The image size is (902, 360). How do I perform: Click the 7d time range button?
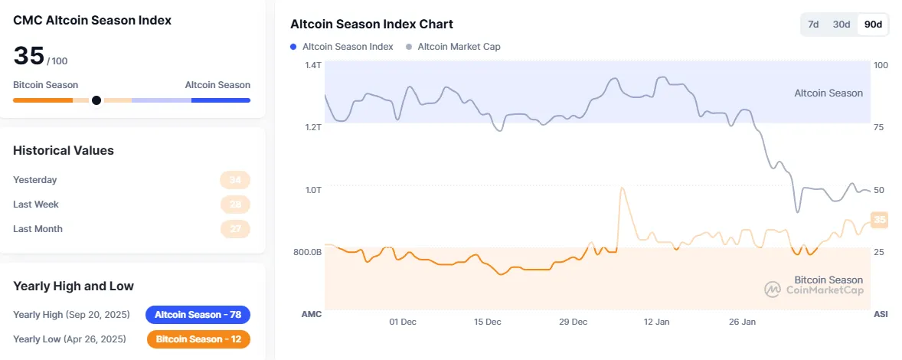click(813, 25)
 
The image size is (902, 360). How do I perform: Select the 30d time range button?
click(842, 25)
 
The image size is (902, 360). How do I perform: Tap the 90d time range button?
click(873, 25)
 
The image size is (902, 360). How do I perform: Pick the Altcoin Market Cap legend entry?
click(453, 47)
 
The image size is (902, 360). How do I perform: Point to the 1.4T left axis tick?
click(312, 65)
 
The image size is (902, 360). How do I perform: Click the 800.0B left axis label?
click(307, 252)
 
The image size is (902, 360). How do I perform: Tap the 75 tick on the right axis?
click(880, 127)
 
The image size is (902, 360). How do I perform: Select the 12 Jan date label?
click(657, 322)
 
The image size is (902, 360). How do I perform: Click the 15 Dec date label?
click(488, 322)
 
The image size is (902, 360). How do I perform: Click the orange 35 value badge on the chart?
click(880, 220)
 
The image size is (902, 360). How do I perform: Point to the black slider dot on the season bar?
click(96, 100)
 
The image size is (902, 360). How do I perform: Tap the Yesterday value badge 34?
click(235, 180)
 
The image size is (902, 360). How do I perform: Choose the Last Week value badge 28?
click(235, 205)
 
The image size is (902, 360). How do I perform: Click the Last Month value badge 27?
click(235, 229)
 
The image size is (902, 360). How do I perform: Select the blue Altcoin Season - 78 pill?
click(198, 315)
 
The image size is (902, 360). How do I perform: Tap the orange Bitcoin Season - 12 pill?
click(198, 339)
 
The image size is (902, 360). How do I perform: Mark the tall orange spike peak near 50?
click(622, 188)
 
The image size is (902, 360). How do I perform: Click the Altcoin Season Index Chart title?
click(371, 25)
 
